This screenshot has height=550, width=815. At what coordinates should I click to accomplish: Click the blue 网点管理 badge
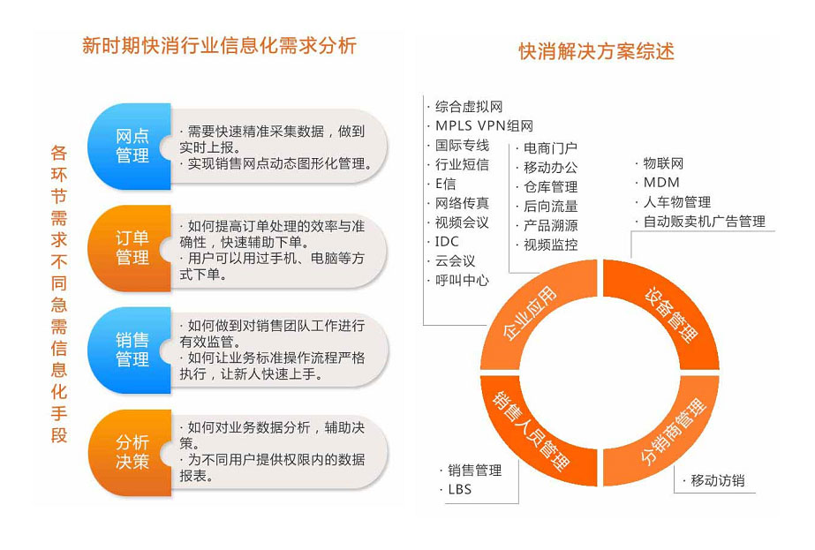pos(129,146)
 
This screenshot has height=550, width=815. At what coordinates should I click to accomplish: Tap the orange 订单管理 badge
pos(129,248)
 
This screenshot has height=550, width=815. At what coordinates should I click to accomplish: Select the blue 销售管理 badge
pos(129,350)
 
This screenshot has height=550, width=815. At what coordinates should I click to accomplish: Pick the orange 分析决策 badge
pos(129,452)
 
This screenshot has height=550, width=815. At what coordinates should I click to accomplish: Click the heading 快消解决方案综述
pos(596,51)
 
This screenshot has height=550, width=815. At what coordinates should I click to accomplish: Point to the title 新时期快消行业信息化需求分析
pos(219,45)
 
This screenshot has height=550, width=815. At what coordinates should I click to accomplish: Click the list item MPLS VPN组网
pos(484,126)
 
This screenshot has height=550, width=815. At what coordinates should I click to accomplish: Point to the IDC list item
pos(447,242)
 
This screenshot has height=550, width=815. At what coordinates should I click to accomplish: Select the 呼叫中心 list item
pos(462,280)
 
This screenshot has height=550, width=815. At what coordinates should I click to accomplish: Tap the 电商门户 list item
pos(550,148)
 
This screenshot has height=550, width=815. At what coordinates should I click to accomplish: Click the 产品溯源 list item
pos(550,226)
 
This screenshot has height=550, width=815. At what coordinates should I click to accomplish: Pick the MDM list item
pos(661,183)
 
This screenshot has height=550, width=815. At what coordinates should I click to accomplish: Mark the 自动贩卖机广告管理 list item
pos(704,222)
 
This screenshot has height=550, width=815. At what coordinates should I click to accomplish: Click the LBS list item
pos(459,490)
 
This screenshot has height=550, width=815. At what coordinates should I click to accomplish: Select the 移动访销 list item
pos(717,481)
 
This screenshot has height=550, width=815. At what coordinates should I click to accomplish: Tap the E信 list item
pos(445,184)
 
